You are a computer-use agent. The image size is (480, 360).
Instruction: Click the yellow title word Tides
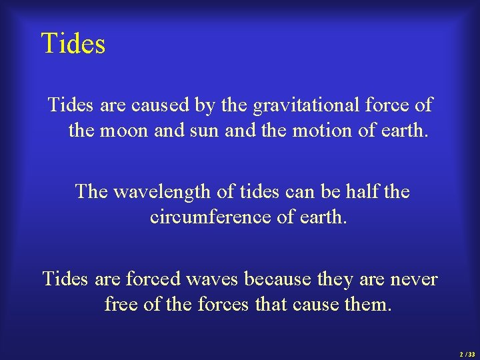click(x=73, y=44)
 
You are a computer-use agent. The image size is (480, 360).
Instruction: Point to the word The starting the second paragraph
click(x=91, y=192)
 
